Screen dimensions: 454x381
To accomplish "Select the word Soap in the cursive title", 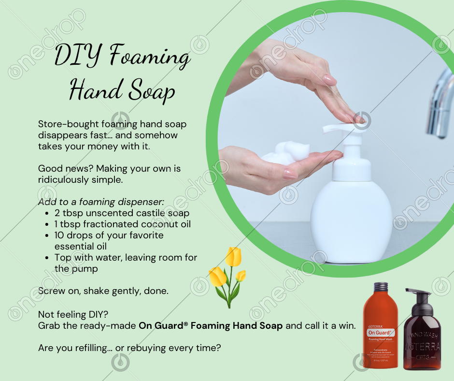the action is coord(152,90).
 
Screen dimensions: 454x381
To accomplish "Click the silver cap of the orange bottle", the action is coord(381,287).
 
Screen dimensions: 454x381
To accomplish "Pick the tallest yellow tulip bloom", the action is coord(233,257).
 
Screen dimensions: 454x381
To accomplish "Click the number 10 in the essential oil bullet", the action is coord(59,235).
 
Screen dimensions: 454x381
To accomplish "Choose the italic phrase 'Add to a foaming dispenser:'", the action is coord(101,202).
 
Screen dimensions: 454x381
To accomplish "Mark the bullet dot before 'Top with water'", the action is coord(47,258).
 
